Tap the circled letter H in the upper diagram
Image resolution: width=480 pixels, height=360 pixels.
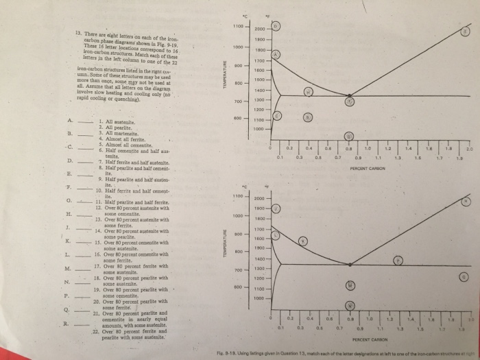click(309, 91)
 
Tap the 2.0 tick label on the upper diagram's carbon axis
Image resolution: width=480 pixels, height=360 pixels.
click(470, 147)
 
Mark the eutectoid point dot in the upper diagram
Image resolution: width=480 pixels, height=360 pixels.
click(350, 100)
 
